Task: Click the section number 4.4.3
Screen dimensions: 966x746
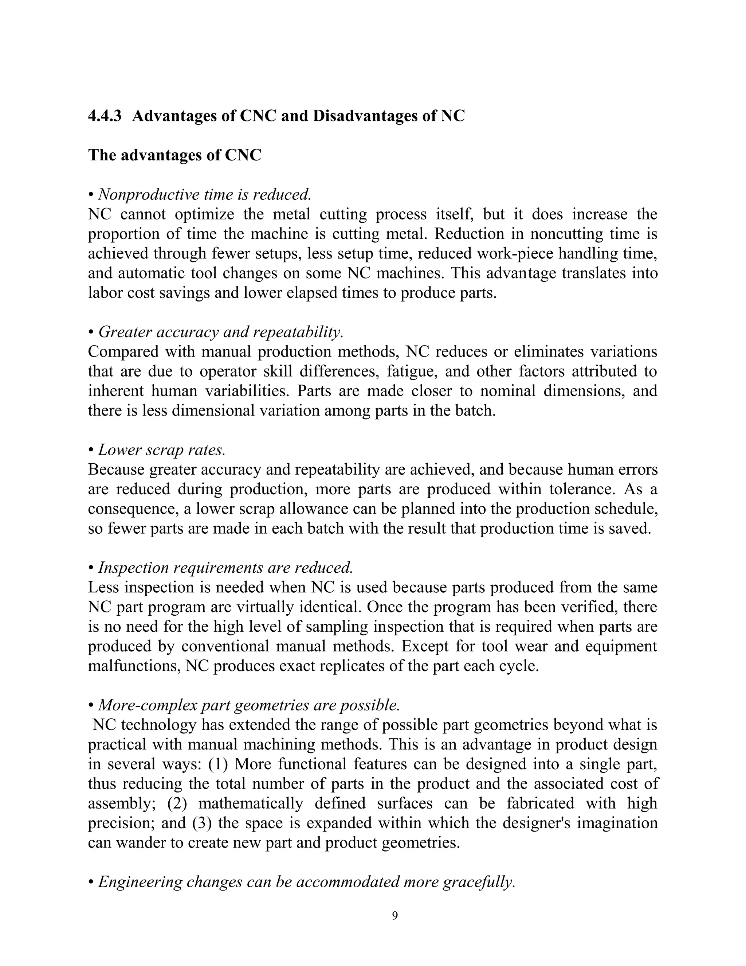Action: [x=105, y=116]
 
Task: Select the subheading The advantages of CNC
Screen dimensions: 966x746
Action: [x=174, y=155]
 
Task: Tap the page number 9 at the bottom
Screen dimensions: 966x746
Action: [x=394, y=916]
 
